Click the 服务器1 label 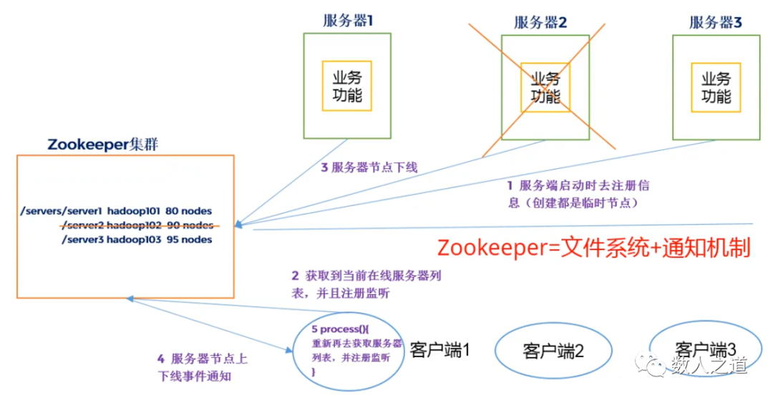point(348,21)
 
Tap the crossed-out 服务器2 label point(540,22)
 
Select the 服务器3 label point(715,22)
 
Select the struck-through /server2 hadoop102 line point(137,225)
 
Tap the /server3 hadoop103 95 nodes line point(137,240)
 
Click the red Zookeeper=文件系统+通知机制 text point(593,248)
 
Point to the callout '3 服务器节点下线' point(368,168)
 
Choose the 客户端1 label point(439,350)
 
